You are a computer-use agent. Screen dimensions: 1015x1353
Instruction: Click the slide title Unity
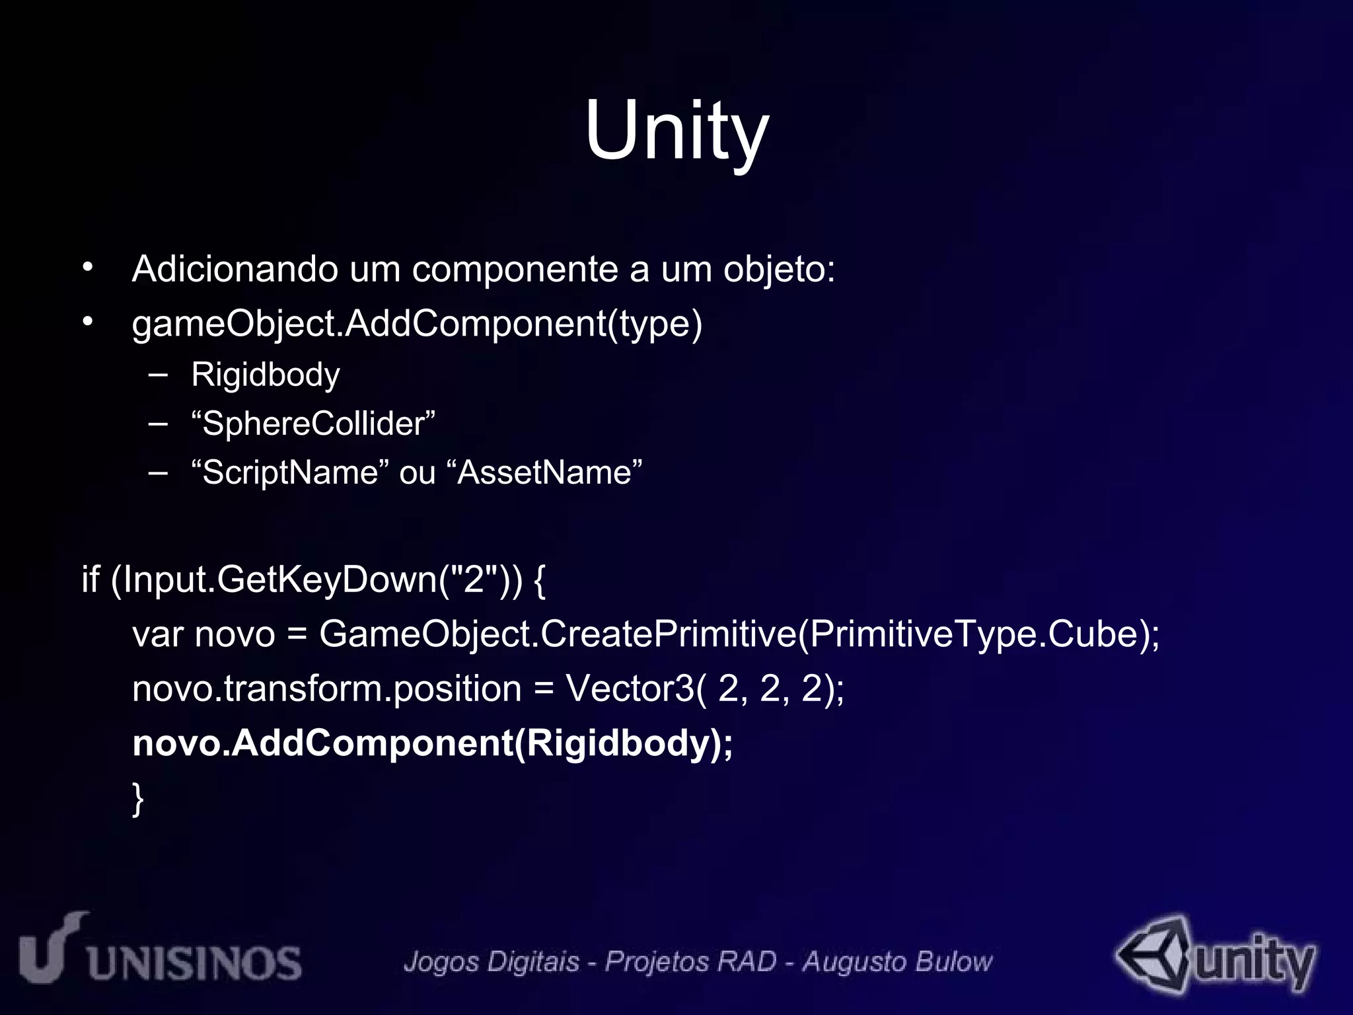676,130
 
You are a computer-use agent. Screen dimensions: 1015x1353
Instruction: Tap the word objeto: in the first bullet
779,270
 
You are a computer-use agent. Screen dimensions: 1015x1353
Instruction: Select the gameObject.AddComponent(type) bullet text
417,324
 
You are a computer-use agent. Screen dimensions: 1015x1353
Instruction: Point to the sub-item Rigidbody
265,375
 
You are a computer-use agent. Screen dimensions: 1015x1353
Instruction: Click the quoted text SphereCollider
313,424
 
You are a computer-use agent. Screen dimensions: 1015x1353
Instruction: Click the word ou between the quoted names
418,473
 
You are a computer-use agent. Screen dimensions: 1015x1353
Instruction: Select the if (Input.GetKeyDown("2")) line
314,580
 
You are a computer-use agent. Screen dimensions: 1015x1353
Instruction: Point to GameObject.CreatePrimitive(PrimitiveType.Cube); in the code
739,634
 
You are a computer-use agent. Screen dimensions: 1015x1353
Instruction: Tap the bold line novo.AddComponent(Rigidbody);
433,743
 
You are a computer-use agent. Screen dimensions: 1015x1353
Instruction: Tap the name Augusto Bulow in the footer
897,961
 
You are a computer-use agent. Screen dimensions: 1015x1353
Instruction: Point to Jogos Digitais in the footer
492,961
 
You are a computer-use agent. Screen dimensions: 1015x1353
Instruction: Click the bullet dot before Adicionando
88,268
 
